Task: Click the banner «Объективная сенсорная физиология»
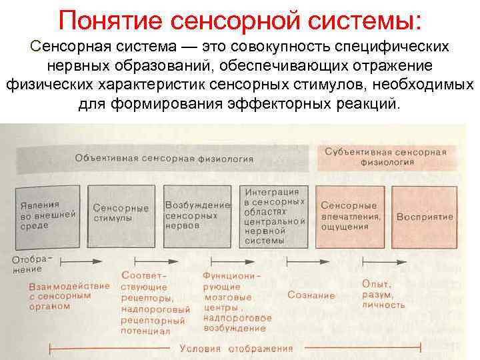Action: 164,159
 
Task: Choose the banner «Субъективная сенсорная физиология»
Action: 385,156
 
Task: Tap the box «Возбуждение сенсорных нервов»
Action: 197,215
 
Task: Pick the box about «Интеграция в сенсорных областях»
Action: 273,215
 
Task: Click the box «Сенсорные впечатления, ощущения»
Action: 351,215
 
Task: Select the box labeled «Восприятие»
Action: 425,217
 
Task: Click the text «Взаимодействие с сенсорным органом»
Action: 59,295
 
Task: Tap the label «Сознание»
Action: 311,295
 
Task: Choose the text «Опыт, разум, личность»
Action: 383,294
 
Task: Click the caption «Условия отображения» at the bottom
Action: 236,348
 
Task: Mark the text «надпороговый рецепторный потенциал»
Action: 155,319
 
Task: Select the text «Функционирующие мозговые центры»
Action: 231,287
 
